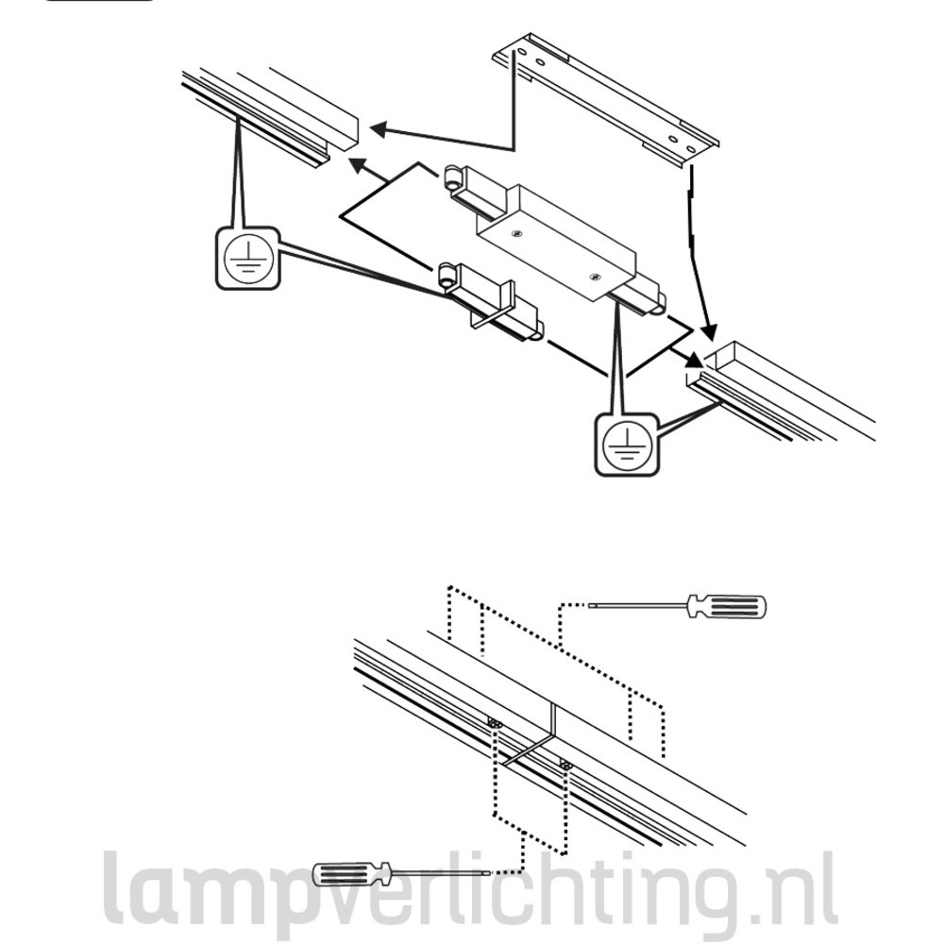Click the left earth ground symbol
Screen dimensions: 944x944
pos(247,258)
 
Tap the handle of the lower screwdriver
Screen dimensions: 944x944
pos(352,874)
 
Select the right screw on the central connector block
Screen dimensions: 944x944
pos(595,277)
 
